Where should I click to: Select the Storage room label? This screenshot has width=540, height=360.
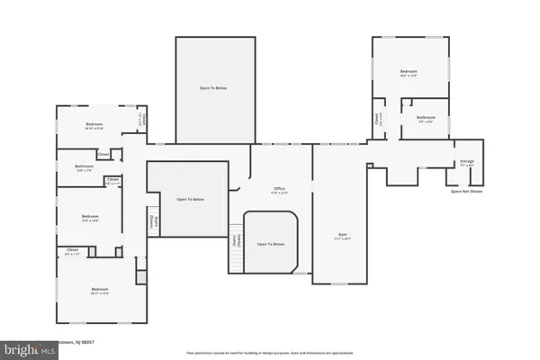click(x=466, y=162)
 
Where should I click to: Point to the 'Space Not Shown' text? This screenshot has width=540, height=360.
click(x=466, y=192)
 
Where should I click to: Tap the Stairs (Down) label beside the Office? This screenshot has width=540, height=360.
click(x=238, y=240)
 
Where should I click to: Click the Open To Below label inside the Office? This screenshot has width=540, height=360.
click(x=270, y=244)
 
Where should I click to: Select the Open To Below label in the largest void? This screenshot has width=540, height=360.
click(x=212, y=87)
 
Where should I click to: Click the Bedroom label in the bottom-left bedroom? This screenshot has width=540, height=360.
click(x=100, y=290)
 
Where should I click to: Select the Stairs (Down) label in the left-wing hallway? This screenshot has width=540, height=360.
click(x=151, y=222)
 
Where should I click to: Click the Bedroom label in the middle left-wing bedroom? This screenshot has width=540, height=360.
click(x=90, y=217)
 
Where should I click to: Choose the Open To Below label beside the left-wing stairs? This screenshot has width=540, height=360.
click(x=189, y=198)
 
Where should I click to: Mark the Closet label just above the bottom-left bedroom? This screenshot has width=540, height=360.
click(x=74, y=251)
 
